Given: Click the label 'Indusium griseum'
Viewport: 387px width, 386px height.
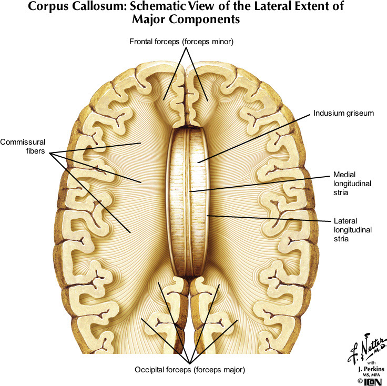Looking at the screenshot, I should pos(343,113).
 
